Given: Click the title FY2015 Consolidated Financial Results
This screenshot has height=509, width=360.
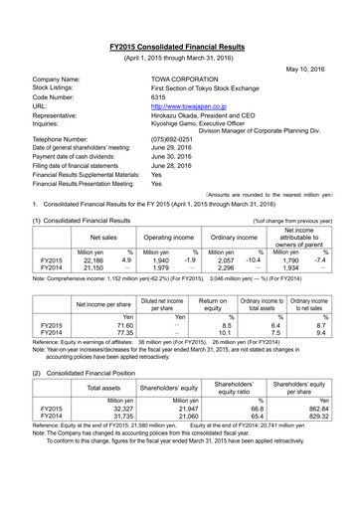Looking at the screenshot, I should [179, 47].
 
